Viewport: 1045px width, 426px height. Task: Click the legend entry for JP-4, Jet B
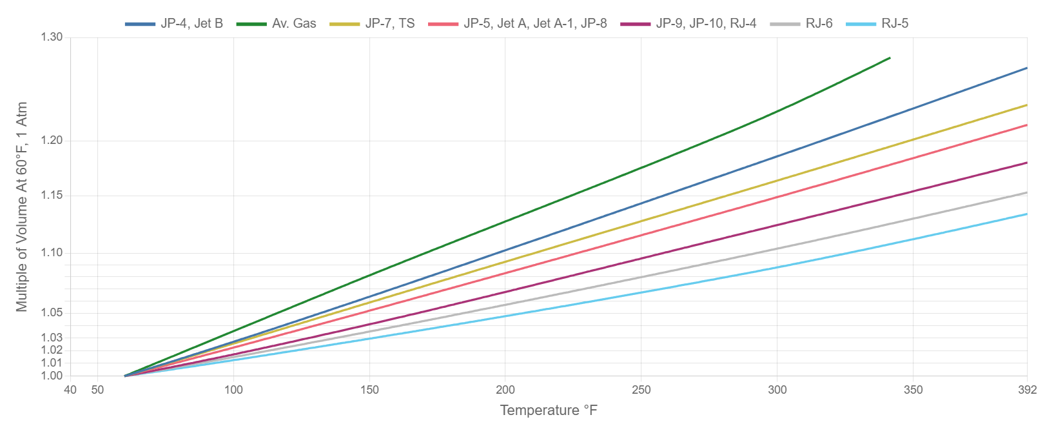coord(191,24)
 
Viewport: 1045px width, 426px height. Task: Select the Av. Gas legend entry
coord(293,24)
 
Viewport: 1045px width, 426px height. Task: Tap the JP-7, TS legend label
coord(389,24)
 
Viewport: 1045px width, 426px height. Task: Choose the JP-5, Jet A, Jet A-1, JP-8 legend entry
coord(534,24)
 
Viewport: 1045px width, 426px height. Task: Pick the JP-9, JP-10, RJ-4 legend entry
coord(706,24)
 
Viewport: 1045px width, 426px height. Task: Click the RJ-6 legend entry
coord(818,24)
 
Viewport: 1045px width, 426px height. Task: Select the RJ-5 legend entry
coord(894,24)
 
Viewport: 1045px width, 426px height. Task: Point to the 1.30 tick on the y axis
coord(52,37)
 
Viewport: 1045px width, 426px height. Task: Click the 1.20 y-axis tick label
coord(52,140)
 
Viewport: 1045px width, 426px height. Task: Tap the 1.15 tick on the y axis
coord(52,195)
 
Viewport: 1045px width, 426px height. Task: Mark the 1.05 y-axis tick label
coord(52,312)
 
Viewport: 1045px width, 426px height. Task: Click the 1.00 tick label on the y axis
coord(52,376)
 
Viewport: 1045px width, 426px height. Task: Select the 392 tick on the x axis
coord(1027,390)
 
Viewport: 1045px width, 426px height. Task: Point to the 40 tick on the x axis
coord(70,390)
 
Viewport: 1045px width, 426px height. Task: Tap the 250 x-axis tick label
coord(641,390)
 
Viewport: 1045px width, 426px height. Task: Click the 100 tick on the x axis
coord(233,390)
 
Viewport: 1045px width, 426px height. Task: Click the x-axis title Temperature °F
coord(549,411)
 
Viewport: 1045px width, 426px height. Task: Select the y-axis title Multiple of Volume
coord(23,207)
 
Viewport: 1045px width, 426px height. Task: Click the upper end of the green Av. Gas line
coord(890,58)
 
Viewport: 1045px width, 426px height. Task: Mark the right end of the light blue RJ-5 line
coord(1026,214)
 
